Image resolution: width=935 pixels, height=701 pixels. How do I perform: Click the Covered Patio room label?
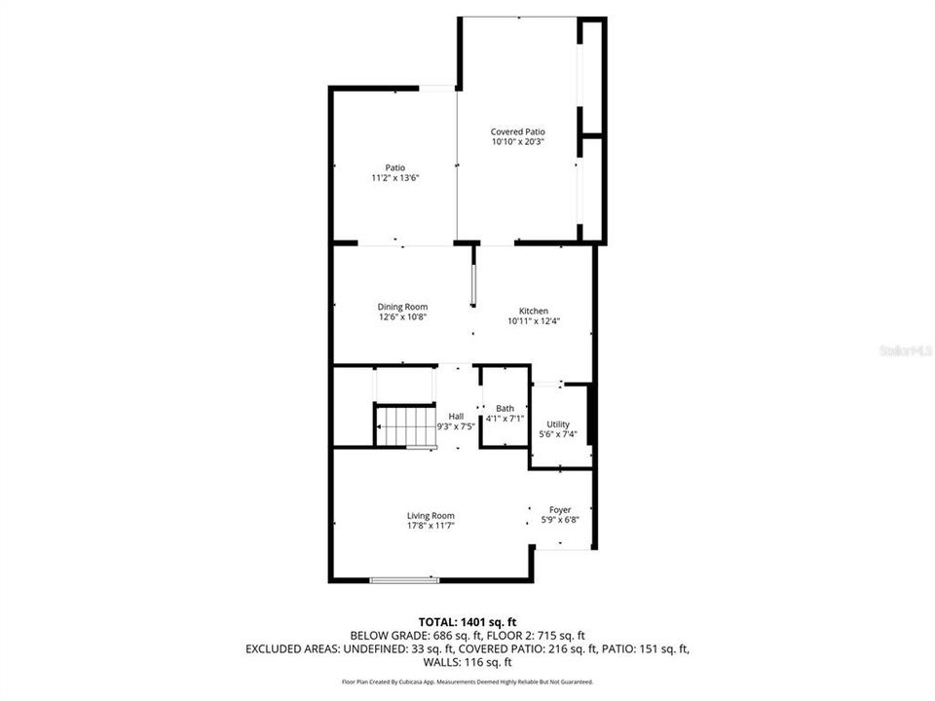coord(517,131)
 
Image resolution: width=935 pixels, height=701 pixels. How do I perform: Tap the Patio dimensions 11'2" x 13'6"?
coord(394,178)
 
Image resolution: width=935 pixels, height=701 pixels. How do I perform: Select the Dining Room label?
coord(402,307)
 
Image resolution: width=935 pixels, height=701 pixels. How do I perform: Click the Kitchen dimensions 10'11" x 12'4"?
coord(533,321)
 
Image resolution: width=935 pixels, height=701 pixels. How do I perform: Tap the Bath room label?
coord(505,408)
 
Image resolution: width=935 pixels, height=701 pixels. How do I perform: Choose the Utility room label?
coord(558,424)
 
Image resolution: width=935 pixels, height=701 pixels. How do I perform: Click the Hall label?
coord(456,416)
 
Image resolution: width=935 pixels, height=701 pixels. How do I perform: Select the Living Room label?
coord(430,515)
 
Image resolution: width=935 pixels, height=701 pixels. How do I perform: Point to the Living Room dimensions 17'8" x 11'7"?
coord(430,526)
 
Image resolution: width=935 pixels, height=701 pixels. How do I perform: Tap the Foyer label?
coord(560,509)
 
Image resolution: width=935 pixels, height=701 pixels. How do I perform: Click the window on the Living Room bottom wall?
coord(404,580)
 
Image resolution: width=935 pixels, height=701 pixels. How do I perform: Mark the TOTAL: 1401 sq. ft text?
coord(467,620)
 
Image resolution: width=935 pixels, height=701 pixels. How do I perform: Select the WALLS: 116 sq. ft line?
coord(467,662)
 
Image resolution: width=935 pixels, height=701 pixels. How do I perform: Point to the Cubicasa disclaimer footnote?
coord(467,683)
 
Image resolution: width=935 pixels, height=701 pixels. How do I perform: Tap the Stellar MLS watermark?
coord(905,348)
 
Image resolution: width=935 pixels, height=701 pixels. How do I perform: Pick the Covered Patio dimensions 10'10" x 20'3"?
coord(517,142)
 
